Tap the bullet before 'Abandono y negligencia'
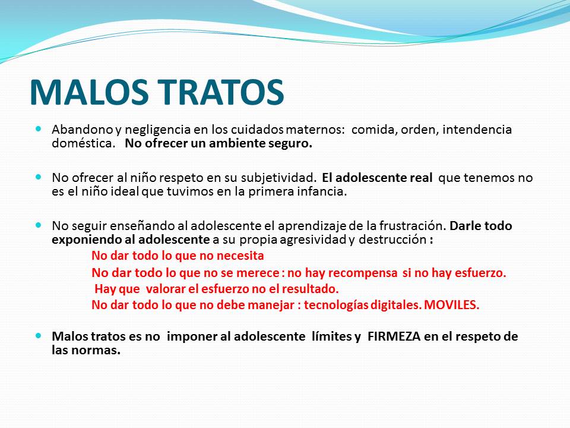click(39, 129)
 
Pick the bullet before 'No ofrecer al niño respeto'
click(39, 177)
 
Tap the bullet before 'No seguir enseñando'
click(39, 225)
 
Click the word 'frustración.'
click(413, 226)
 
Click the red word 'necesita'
click(240, 256)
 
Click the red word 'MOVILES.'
click(451, 305)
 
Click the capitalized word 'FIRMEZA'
click(394, 336)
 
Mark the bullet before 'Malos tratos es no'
click(39, 335)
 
